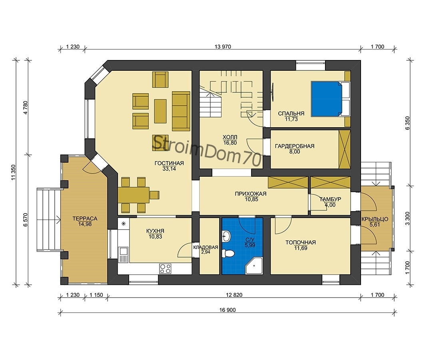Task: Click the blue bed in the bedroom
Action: (327, 99)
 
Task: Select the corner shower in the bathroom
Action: (254, 266)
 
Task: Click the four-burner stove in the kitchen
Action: (165, 268)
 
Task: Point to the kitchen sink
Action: (124, 254)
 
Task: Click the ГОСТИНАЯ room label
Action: (169, 163)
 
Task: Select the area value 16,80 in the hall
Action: (230, 143)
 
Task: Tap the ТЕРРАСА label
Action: (85, 218)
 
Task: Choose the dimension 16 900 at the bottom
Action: (227, 310)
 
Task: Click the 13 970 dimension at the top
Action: (223, 47)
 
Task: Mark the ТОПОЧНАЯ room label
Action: (300, 242)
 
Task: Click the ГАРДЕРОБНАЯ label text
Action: (295, 146)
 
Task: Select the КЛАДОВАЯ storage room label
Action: (206, 247)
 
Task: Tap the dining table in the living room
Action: (134, 195)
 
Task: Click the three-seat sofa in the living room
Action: (181, 111)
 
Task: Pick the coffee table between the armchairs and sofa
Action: (160, 111)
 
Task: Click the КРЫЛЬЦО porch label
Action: (375, 219)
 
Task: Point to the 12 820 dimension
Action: (234, 295)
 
